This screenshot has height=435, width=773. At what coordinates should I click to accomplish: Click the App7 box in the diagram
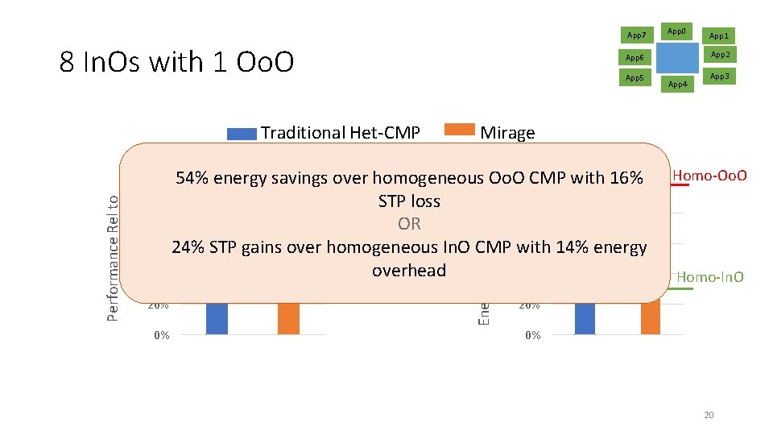click(x=636, y=35)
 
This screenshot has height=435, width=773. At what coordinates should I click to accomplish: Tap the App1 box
click(x=719, y=35)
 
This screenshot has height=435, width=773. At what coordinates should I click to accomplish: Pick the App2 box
click(x=719, y=56)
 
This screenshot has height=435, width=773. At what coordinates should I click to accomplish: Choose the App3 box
click(x=719, y=77)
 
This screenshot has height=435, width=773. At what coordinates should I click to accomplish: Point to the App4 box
click(x=678, y=84)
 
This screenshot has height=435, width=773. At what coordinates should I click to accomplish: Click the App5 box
click(x=635, y=77)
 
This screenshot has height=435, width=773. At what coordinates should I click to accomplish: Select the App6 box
click(x=635, y=57)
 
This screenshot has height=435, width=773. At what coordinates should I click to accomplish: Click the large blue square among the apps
click(x=677, y=57)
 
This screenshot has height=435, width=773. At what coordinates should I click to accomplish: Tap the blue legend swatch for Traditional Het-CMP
click(x=241, y=134)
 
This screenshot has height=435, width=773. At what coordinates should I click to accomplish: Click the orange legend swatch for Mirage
click(x=461, y=130)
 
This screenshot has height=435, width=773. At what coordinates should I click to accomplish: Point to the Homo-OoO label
click(x=709, y=176)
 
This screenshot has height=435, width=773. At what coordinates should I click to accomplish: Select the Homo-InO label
click(x=709, y=278)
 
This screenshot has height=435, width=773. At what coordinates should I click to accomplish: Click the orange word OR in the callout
click(x=409, y=224)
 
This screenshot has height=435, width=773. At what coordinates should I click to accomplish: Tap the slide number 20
click(x=709, y=415)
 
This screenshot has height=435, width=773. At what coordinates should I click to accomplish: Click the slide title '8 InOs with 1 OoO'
click(x=176, y=62)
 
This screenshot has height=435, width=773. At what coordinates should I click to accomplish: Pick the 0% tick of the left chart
click(x=161, y=335)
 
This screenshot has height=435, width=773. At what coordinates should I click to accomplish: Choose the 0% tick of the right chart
click(x=531, y=335)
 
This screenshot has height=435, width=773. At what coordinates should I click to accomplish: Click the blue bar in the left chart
click(x=217, y=318)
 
